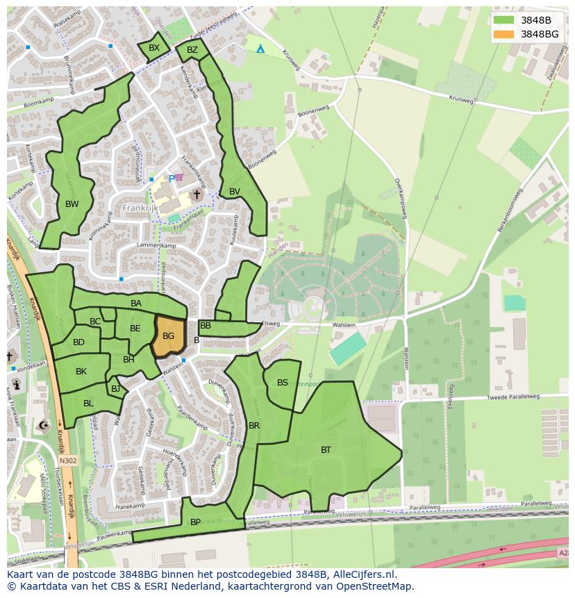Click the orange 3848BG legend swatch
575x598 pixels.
point(504,34)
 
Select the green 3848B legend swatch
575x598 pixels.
point(504,19)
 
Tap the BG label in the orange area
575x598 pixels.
point(168,336)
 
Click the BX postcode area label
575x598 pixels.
point(154,48)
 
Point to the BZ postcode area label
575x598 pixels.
point(192,50)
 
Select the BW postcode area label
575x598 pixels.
point(72,204)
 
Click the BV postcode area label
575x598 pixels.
point(235,192)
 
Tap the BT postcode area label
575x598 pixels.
point(326,450)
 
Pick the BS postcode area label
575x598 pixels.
point(283,383)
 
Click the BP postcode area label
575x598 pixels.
point(195,522)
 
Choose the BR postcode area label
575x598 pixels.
point(254,425)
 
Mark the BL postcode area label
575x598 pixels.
point(88,404)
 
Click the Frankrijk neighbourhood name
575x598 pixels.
point(141,208)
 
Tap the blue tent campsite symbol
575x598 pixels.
point(260,49)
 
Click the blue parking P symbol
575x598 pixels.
point(172,178)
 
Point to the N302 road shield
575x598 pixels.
point(68,460)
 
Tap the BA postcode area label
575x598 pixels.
point(136,304)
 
